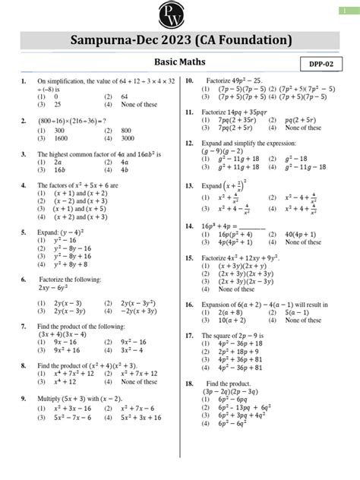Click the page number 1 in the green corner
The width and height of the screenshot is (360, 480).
coord(352,9)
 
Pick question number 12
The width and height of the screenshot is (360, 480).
coord(188,143)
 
